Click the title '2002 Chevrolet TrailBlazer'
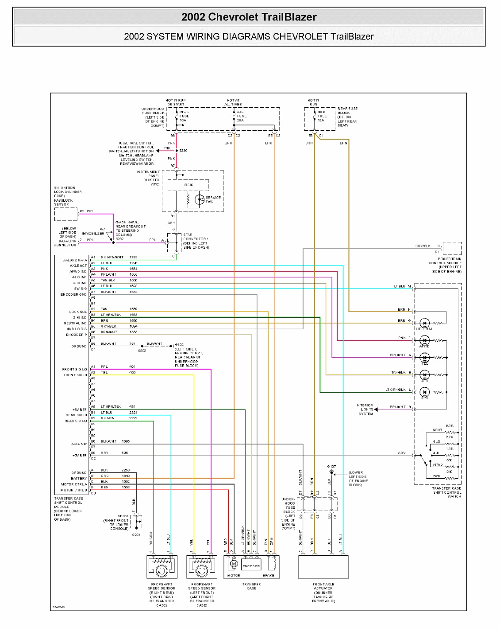(x=249, y=17)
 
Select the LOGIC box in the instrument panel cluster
(x=188, y=185)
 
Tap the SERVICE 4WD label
(x=213, y=199)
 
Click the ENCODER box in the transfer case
(x=251, y=566)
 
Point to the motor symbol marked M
(x=234, y=564)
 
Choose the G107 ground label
(x=331, y=467)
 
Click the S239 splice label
(x=183, y=151)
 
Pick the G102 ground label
(x=179, y=344)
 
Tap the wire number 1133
(x=134, y=257)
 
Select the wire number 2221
(x=133, y=413)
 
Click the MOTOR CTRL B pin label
(x=74, y=490)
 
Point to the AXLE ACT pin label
(x=78, y=265)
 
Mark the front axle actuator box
(x=323, y=567)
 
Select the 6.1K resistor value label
(x=450, y=426)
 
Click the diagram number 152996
(x=58, y=607)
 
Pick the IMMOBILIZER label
(x=93, y=234)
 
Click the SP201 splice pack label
(x=123, y=516)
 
